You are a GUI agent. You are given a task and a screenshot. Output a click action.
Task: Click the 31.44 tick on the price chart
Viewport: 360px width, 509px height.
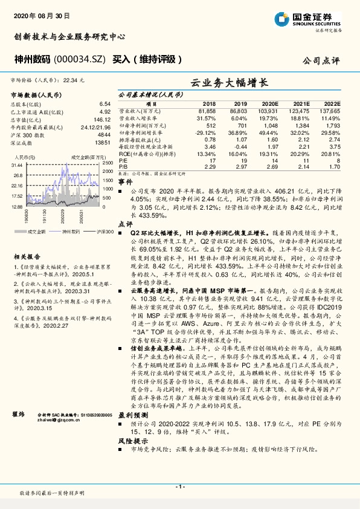(17, 165)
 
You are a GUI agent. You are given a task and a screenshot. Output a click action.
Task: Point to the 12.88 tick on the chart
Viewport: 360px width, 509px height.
(17, 206)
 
